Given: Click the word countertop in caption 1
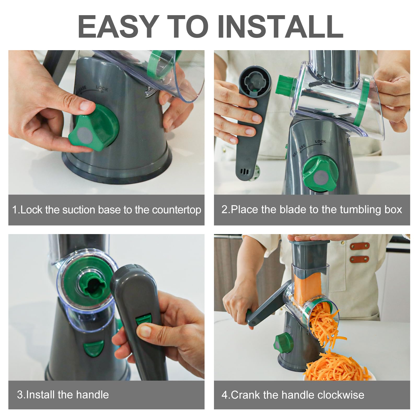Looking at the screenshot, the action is coord(177,210).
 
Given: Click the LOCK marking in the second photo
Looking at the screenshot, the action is coord(321,142).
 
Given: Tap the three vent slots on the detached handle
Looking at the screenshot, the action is coord(244,172).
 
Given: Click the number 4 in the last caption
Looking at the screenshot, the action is coord(224,395).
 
